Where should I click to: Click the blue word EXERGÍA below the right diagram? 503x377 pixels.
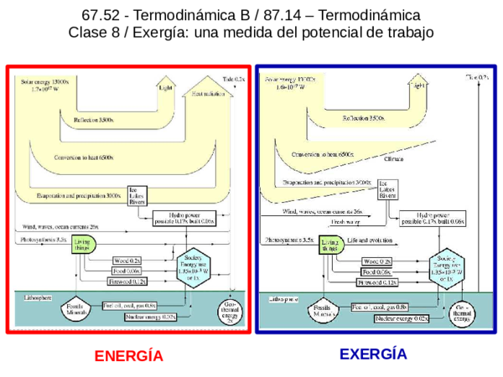pos(373,354)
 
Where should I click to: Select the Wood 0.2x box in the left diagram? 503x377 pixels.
pos(127,261)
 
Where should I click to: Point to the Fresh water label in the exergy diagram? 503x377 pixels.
pos(344,222)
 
